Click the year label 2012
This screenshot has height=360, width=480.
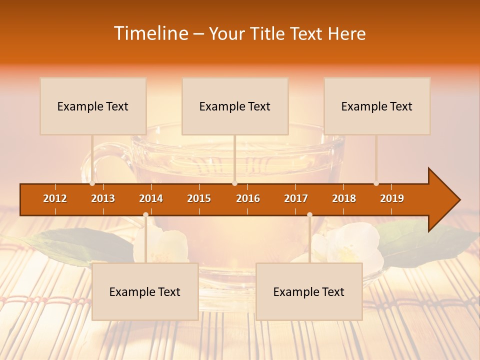point(55,198)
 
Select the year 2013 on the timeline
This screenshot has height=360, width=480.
point(103,198)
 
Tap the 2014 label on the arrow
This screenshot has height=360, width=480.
point(151,198)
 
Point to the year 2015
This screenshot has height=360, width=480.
point(199,198)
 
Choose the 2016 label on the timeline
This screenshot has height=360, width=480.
point(248,198)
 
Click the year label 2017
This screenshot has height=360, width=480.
point(296,198)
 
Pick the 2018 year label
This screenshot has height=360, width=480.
point(344,198)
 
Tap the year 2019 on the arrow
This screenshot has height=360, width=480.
point(392,198)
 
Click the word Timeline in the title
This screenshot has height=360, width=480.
point(150,33)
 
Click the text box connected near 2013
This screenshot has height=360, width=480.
point(93,106)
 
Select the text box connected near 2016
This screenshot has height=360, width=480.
point(235,106)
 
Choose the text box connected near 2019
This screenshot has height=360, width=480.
point(377,106)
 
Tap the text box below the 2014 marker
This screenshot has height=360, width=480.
point(145,291)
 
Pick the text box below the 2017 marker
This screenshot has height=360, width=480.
point(309,291)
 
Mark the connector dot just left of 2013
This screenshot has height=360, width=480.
point(92,183)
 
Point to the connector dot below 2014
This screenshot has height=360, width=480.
point(145,214)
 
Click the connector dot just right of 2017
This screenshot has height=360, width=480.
point(309,214)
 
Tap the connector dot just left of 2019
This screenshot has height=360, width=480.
point(376,183)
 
